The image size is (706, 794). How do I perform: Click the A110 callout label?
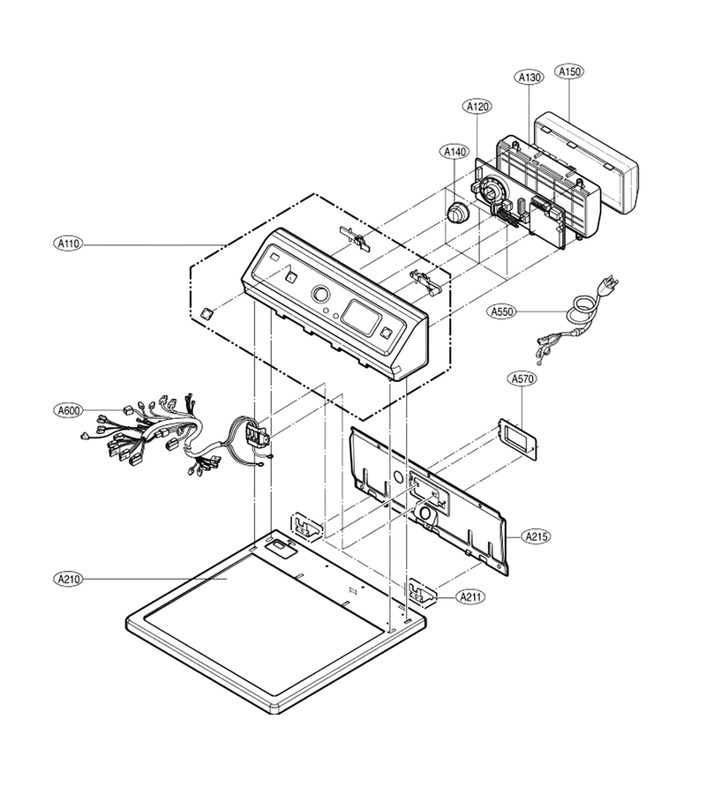(x=68, y=244)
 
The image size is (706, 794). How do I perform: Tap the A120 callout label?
(x=477, y=107)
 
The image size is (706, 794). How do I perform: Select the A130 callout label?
(x=529, y=77)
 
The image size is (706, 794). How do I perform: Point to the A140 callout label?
(x=455, y=152)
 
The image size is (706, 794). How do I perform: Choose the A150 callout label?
(x=569, y=72)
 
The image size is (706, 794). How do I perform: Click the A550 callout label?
(x=502, y=311)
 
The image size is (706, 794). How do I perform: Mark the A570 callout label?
(x=522, y=378)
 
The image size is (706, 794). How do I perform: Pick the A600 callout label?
(x=68, y=410)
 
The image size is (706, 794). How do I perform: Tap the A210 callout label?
(x=68, y=579)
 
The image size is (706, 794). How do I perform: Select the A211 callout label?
(x=471, y=597)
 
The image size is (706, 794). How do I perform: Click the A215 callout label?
(x=536, y=536)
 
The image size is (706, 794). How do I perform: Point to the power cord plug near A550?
(x=610, y=284)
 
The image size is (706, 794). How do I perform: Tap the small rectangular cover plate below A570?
(x=519, y=439)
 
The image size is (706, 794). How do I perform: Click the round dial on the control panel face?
(x=320, y=295)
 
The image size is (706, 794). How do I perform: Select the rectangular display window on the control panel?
(x=361, y=318)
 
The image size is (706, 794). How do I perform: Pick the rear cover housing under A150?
(x=587, y=162)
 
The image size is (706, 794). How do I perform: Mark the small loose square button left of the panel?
(x=207, y=313)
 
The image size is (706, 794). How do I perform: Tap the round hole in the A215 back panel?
(x=399, y=477)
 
